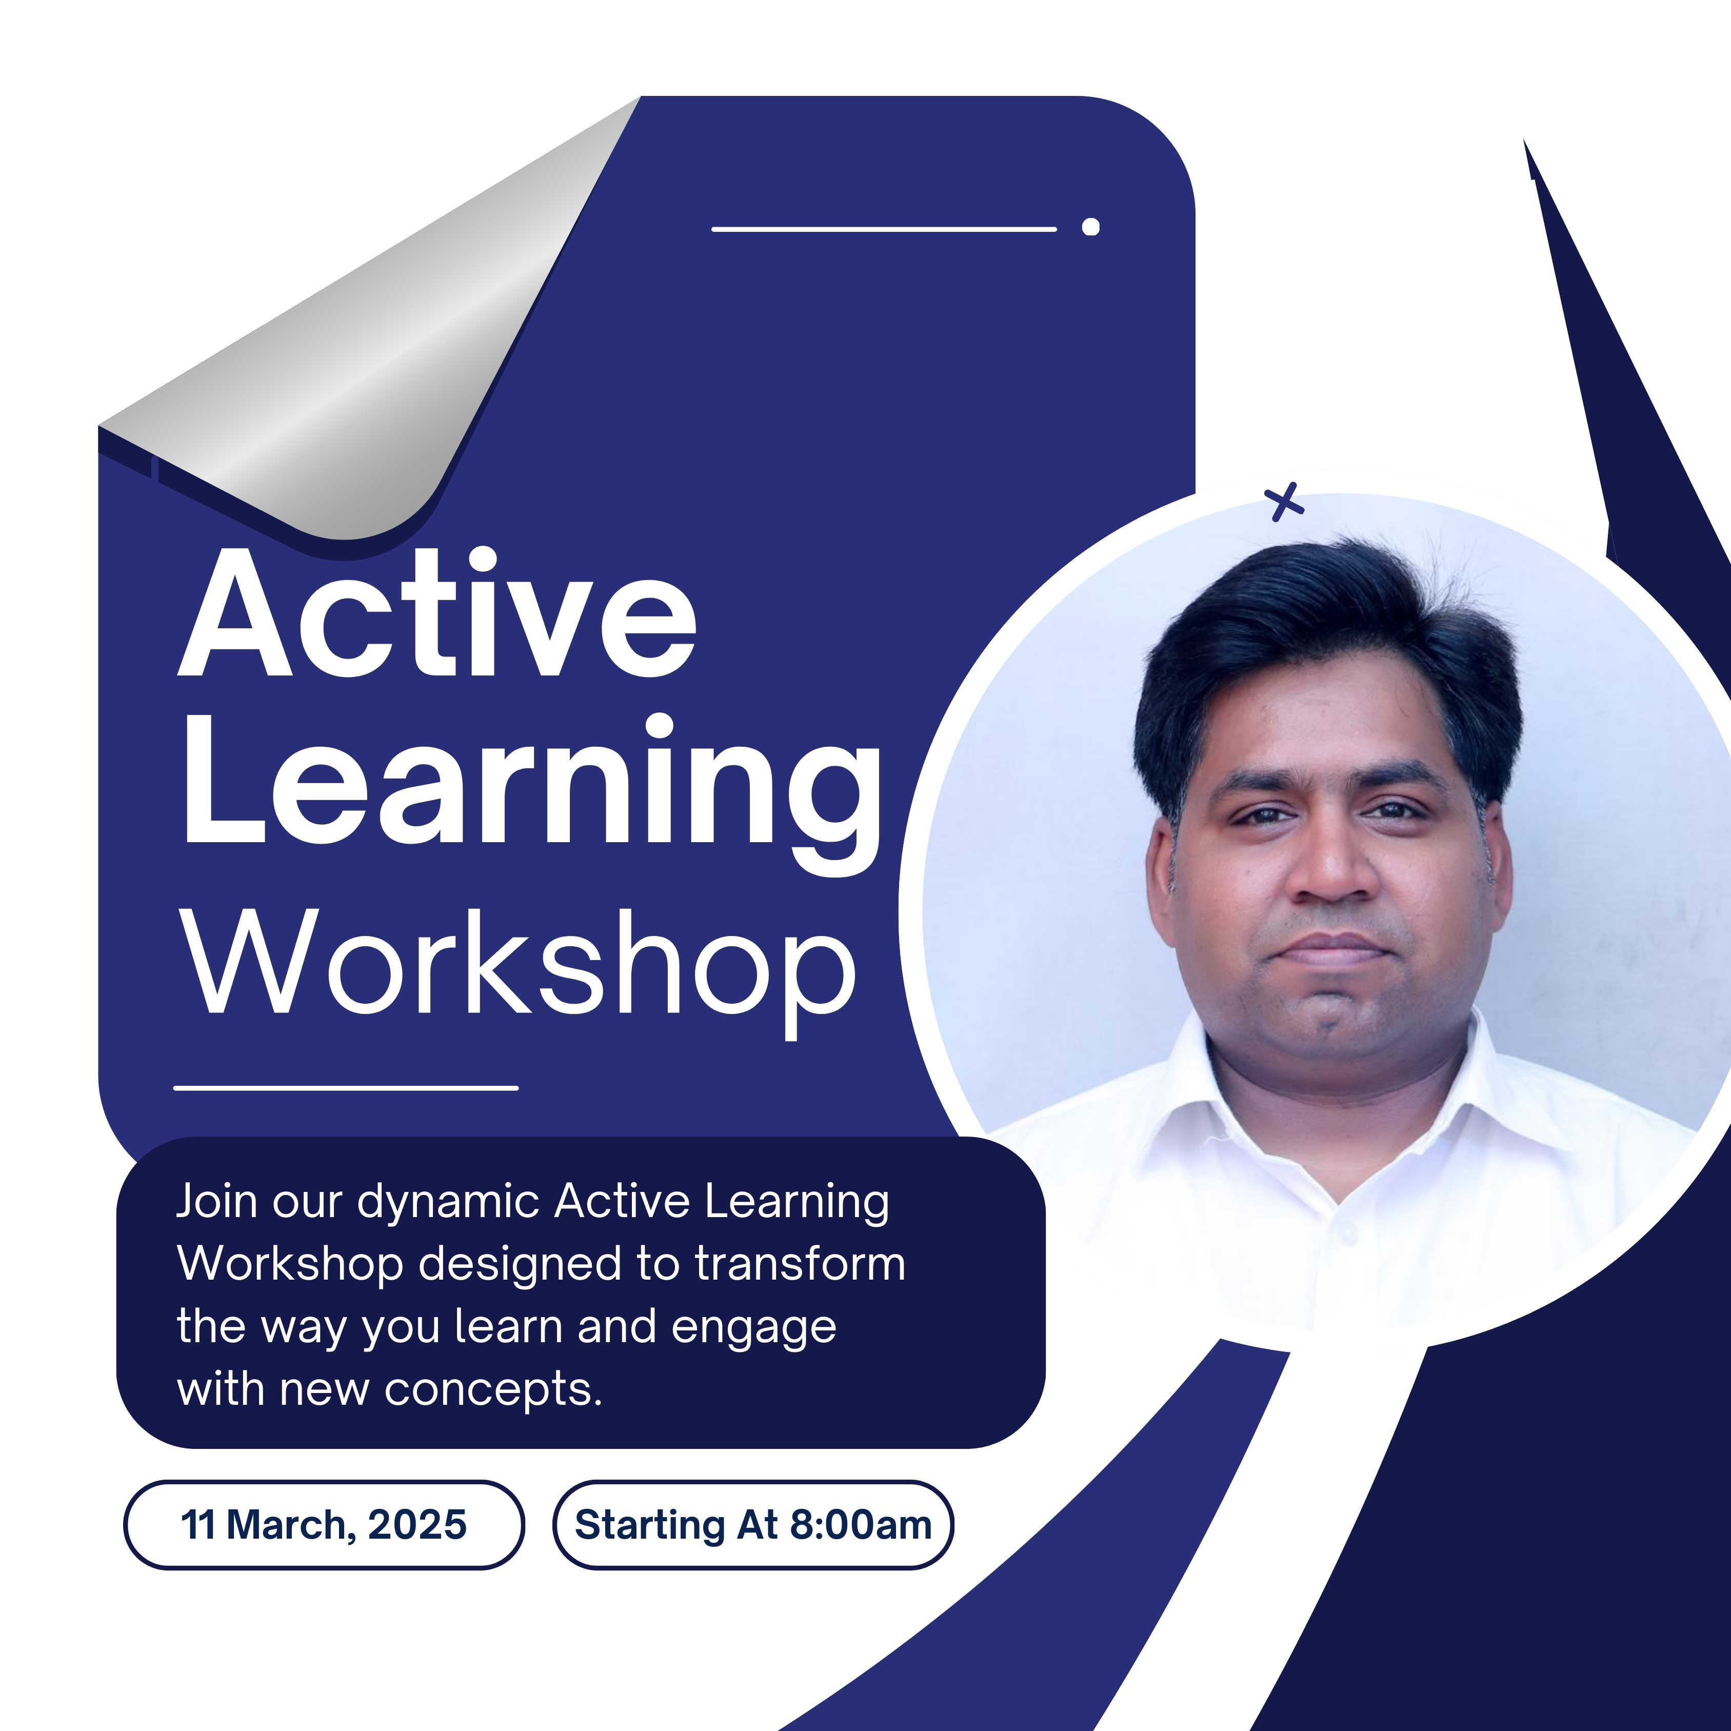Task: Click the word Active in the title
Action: tap(437, 613)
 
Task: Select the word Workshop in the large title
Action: tap(519, 972)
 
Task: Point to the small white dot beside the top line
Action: tap(1090, 227)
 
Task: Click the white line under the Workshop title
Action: tap(346, 1088)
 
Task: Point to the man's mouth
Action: tap(1333, 950)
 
